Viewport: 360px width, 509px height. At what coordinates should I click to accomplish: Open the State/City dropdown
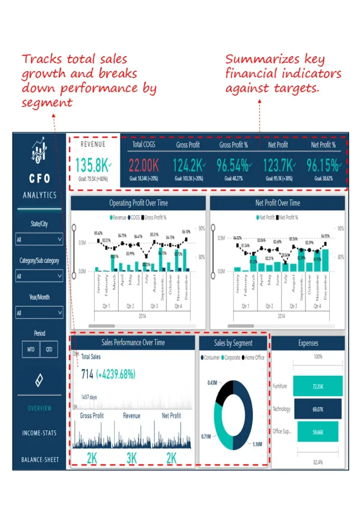click(x=39, y=240)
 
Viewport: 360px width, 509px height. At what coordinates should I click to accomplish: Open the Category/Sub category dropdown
click(x=39, y=276)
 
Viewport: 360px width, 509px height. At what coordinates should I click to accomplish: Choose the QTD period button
click(x=49, y=349)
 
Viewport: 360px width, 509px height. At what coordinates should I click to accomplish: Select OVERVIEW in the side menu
click(x=39, y=408)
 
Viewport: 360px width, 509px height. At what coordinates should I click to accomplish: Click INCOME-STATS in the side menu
click(x=39, y=433)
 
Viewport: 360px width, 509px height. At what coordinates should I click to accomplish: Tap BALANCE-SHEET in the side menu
click(x=39, y=460)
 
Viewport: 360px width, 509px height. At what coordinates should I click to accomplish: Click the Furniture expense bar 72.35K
click(x=318, y=386)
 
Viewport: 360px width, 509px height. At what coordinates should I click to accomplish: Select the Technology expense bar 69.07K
click(x=318, y=409)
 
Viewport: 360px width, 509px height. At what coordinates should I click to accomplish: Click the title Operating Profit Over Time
click(x=138, y=203)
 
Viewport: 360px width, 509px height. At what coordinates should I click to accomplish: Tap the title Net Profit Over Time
click(x=277, y=203)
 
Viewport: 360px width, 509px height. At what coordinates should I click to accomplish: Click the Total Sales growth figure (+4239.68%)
click(x=116, y=374)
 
